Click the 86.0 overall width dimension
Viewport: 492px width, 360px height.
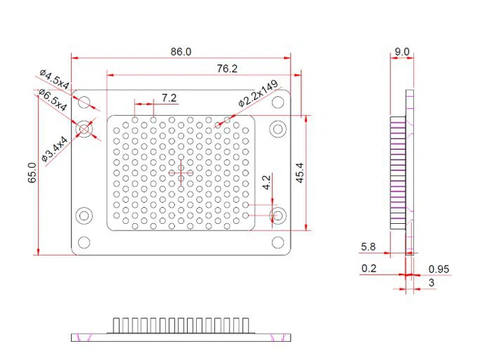(181, 51)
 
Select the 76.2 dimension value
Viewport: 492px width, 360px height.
(227, 69)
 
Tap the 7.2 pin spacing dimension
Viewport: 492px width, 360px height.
(169, 98)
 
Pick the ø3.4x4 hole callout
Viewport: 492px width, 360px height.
(55, 148)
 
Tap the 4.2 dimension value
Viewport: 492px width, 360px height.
(266, 183)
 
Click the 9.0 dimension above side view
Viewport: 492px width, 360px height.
(402, 52)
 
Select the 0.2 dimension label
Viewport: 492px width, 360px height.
(369, 268)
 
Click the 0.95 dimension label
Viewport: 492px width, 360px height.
(439, 268)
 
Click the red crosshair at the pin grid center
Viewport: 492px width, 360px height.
(181, 173)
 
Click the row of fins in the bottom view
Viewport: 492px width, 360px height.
(181, 325)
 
